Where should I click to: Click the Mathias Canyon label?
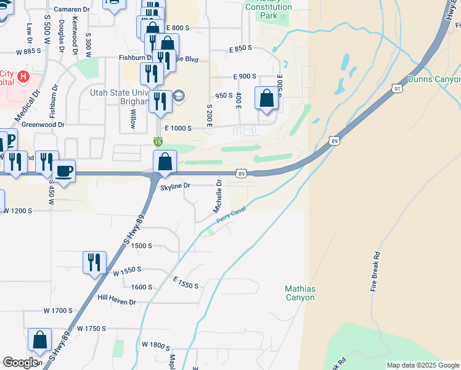(x=300, y=293)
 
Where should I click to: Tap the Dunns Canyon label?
(x=434, y=80)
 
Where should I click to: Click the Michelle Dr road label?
(x=218, y=196)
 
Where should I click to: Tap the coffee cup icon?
(x=63, y=171)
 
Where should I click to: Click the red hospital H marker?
(x=23, y=77)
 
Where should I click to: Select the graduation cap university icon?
(x=178, y=95)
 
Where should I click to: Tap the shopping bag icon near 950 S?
(x=266, y=98)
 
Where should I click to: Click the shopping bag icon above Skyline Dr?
(x=165, y=162)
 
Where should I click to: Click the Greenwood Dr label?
(x=43, y=125)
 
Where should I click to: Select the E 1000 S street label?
(x=177, y=128)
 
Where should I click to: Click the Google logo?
(x=20, y=362)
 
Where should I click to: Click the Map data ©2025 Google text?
(x=423, y=365)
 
